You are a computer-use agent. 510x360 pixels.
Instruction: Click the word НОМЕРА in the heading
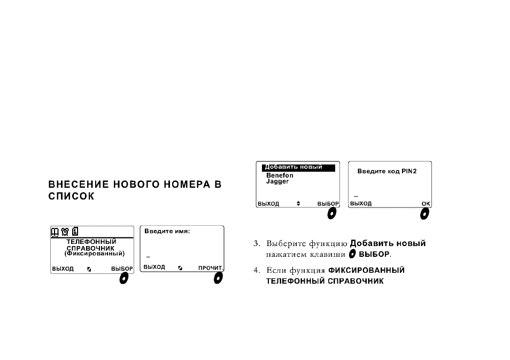pos(187,185)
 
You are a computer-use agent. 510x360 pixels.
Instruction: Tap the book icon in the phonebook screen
pos(55,232)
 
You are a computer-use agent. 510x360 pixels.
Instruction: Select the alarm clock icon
pos(65,232)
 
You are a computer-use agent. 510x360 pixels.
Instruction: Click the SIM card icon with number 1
pos(75,231)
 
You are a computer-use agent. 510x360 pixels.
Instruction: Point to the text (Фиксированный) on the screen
pos(94,254)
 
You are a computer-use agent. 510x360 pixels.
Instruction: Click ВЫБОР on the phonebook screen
pos(122,269)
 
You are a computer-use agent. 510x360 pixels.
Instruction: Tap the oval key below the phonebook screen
pos(124,278)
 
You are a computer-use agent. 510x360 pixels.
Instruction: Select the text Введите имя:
pos(167,232)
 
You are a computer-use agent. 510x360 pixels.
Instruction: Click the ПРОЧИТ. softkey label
pos(211,268)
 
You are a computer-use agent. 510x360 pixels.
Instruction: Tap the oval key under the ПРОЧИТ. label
pos(218,278)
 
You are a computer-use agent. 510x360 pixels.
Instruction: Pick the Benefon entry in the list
pos(280,175)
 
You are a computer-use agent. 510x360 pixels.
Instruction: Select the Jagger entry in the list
pos(277,182)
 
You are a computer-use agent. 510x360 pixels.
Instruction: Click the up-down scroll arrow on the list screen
pos(298,204)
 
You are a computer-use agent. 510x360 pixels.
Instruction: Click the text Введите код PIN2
pos(387,172)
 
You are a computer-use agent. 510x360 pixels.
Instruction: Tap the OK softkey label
pos(426,204)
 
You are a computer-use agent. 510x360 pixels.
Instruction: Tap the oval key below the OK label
pos(424,214)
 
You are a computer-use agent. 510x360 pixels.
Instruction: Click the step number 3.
pos(257,243)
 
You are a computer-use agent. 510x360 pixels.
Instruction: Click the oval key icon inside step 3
pos(352,254)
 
